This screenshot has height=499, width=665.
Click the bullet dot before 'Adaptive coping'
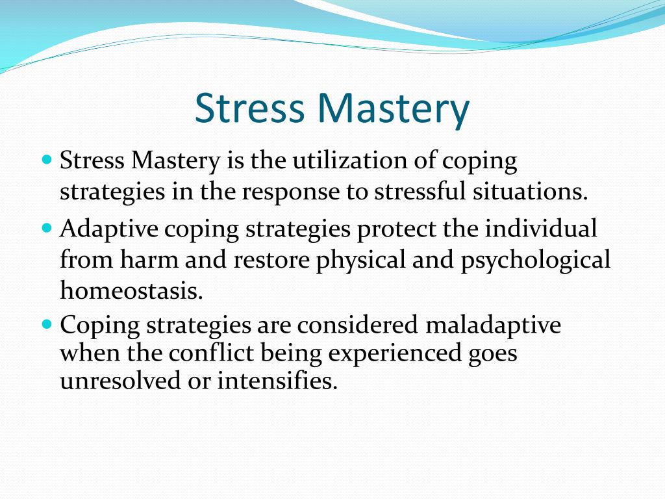[46, 228]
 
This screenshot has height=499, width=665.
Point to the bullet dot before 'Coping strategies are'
[46, 323]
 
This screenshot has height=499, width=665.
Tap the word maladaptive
[493, 324]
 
